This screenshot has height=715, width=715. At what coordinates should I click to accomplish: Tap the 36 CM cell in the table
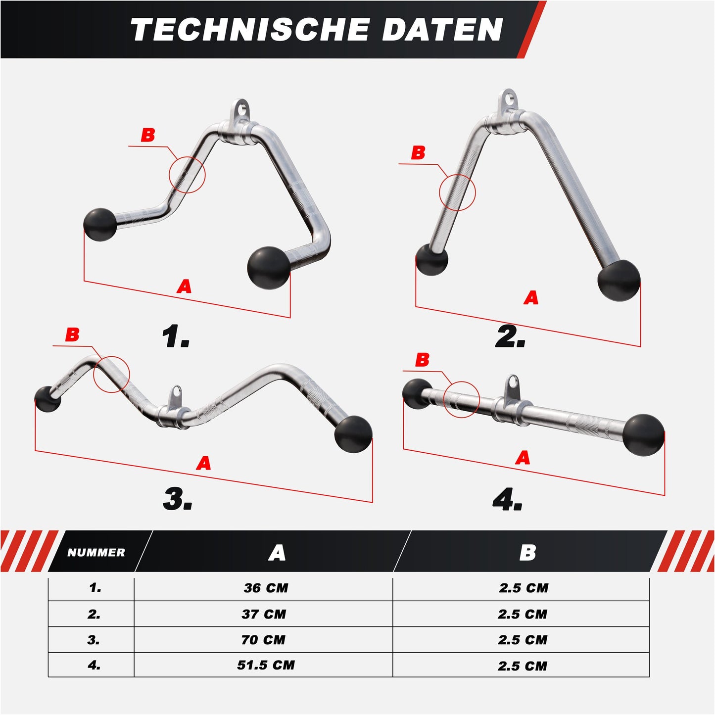[x=266, y=588]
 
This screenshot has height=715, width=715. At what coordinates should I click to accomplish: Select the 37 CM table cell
[x=264, y=614]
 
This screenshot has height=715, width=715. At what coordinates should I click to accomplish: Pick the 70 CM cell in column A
[x=263, y=640]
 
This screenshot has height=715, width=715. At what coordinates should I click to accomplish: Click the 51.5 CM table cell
[x=266, y=665]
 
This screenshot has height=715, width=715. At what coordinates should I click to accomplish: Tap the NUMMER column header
[x=96, y=553]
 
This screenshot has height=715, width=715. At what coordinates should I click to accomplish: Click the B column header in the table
[x=527, y=553]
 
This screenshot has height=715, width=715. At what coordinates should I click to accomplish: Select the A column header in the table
[x=277, y=553]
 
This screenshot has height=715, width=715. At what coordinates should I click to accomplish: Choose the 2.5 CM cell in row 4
[x=523, y=666]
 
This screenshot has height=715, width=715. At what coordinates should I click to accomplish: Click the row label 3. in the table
[x=94, y=640]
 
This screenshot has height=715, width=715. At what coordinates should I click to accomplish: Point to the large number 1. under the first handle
[x=176, y=337]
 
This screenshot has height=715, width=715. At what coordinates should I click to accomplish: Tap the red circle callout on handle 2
[x=457, y=192]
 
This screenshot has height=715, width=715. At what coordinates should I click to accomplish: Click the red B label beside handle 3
[x=72, y=335]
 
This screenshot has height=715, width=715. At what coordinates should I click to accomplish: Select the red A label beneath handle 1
[x=184, y=286]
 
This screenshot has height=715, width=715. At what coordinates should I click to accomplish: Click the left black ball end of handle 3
[x=48, y=398]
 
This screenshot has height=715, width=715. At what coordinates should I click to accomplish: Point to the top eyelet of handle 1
[x=240, y=109]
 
